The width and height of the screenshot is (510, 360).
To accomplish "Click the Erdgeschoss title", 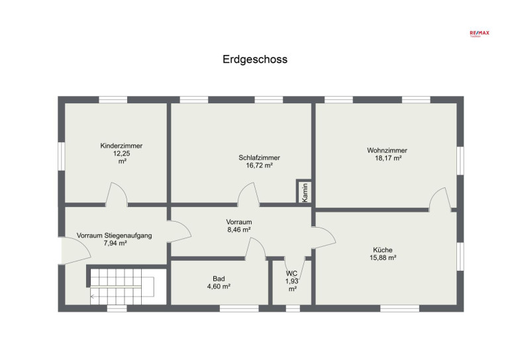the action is [255, 60].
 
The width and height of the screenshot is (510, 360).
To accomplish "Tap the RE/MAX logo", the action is [480, 33].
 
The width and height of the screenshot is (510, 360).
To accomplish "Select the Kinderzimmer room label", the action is [121, 146].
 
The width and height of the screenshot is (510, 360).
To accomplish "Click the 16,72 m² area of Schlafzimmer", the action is [259, 165].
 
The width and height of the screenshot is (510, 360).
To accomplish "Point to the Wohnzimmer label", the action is [387, 150].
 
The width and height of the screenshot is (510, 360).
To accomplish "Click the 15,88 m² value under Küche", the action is [383, 258].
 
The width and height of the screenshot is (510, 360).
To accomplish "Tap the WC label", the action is [291, 273].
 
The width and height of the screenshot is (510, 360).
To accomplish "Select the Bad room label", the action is [219, 279].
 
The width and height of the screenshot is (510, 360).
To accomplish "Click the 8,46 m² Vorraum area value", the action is [238, 230].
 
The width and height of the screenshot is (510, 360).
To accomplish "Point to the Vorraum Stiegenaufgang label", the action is [114, 236].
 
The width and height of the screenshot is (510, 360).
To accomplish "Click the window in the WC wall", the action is [293, 308].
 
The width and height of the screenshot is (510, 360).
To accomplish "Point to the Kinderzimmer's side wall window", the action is [62, 156].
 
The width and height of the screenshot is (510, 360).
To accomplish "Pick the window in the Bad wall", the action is [239, 308].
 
